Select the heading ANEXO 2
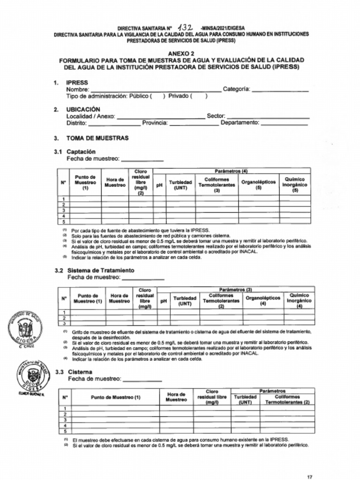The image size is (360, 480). coord(181,54)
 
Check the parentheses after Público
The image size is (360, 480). coord(157,96)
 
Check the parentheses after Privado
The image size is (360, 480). coord(199,96)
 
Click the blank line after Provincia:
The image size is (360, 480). coord(193,123)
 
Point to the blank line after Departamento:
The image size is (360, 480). coord(284,123)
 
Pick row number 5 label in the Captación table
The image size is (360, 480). coord(63,221)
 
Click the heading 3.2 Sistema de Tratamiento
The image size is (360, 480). coord(101,270)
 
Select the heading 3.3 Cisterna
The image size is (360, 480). coord(80,372)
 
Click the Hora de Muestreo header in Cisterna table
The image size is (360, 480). coord(176,397)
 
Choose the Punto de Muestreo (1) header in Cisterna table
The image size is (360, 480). coord(115,397)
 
